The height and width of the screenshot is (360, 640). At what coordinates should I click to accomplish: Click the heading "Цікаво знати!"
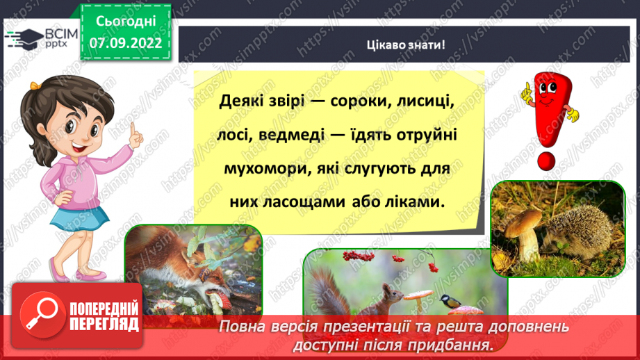405,45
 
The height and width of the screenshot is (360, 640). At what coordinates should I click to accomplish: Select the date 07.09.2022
125,42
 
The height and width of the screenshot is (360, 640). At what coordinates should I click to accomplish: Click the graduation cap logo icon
26,36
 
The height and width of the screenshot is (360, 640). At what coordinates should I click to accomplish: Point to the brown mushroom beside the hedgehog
522,229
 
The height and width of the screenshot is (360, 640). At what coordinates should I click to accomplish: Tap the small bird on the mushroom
446,301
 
